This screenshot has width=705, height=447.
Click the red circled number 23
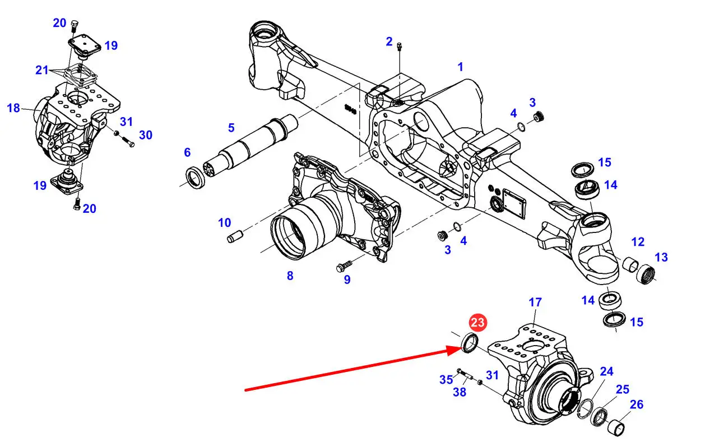[478, 323]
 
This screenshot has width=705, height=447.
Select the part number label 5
[231, 128]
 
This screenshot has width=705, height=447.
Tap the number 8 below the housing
[290, 276]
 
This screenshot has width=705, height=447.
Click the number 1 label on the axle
[460, 67]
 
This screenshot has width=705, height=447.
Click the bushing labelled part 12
[630, 262]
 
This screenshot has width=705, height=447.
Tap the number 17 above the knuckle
[535, 302]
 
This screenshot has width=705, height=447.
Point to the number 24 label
[607, 371]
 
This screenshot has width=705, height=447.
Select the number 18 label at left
[13, 108]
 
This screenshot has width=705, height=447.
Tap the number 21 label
[42, 70]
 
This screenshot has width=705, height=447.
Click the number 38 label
[459, 393]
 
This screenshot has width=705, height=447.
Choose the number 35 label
[446, 380]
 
